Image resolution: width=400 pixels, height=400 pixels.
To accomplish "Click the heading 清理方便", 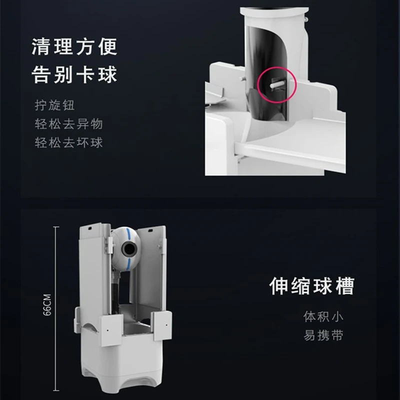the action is (74, 46).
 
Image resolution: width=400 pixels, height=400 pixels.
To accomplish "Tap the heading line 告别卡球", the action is (74, 74).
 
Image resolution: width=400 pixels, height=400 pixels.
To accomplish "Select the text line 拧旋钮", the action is (54, 105).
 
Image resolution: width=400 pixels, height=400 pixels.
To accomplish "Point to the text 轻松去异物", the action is (68, 124).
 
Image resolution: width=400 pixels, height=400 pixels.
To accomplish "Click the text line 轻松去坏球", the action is (68, 142).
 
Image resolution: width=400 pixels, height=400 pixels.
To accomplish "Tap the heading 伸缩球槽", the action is (311, 286).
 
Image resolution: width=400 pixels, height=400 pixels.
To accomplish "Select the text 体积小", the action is (323, 316).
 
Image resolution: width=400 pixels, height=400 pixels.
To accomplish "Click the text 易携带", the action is (323, 335).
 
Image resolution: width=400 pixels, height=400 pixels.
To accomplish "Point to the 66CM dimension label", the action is (47, 305).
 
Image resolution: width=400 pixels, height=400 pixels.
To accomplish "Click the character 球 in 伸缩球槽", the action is (322, 286).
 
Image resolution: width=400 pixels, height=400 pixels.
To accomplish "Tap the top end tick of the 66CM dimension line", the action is (56, 226).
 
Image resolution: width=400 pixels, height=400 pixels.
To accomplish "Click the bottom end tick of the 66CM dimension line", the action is (56, 390).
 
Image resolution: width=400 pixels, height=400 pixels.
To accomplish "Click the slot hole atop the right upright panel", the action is (150, 230).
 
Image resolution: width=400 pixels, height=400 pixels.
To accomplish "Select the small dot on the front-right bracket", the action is (166, 325).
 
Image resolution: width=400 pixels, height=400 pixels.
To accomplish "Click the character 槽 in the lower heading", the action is (345, 286).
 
